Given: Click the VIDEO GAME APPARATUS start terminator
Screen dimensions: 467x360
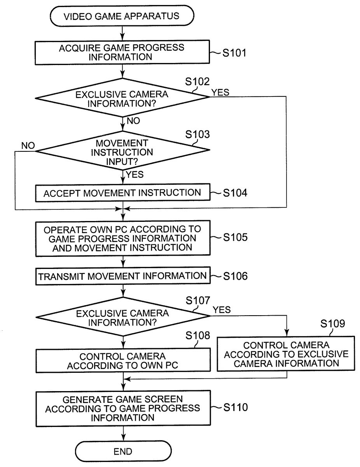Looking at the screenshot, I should (122, 16).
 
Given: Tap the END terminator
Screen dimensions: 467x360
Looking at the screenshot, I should (123, 451).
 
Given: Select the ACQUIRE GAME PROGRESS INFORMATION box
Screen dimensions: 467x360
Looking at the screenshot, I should (122, 53).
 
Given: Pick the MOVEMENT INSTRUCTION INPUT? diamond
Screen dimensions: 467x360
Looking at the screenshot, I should (122, 151).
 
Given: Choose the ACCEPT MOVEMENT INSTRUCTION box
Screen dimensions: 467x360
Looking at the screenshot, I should (122, 193).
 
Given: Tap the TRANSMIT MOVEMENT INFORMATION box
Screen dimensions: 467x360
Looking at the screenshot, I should (122, 276).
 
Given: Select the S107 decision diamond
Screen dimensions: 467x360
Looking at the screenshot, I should (122, 318).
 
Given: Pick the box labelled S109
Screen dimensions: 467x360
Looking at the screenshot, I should (286, 354).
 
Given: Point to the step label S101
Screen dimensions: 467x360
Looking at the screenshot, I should (234, 53).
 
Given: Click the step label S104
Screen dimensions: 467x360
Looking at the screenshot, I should (235, 193).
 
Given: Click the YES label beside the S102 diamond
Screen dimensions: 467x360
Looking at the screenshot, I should (220, 92).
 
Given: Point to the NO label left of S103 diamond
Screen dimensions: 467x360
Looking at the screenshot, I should (28, 146).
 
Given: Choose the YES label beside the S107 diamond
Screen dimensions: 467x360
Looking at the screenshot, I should (222, 310).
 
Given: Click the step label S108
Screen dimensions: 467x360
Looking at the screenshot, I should (198, 335).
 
